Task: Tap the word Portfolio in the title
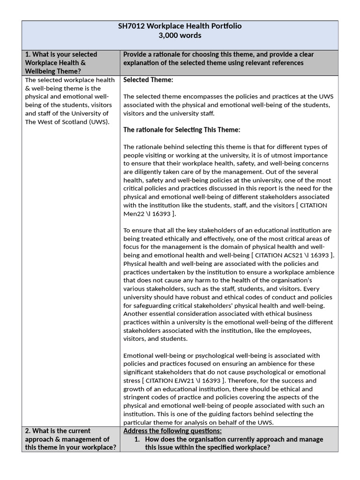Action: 225,26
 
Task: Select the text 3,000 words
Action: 180,36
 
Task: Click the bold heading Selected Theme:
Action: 148,80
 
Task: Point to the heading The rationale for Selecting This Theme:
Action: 181,130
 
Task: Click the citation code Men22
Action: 133,214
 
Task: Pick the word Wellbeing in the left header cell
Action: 40,71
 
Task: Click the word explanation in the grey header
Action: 143,63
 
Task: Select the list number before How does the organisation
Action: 137,439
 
